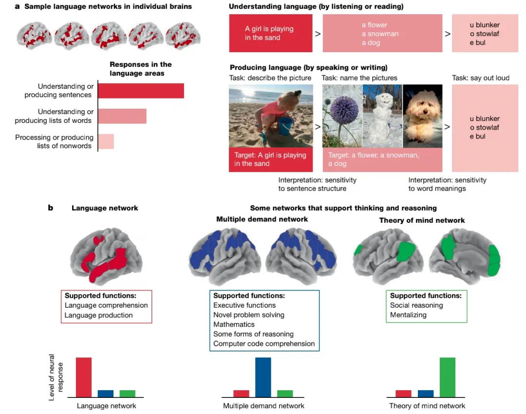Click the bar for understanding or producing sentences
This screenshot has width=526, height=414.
pyautogui.click(x=141, y=91)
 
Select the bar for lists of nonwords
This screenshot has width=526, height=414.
pyautogui.click(x=106, y=141)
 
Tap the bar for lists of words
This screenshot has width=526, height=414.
pyautogui.click(x=122, y=116)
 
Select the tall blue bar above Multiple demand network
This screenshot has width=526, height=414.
pyautogui.click(x=263, y=377)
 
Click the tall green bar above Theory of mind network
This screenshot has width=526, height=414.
pyautogui.click(x=447, y=377)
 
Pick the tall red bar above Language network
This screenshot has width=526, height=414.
pyautogui.click(x=84, y=377)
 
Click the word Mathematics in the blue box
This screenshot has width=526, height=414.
pyautogui.click(x=234, y=324)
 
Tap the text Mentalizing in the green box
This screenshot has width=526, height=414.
pyautogui.click(x=408, y=315)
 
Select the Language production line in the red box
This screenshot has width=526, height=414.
pyautogui.click(x=99, y=315)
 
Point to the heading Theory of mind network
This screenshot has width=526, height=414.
pyautogui.click(x=422, y=220)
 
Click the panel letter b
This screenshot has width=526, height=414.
pyautogui.click(x=50, y=208)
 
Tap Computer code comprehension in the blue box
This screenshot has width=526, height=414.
pyautogui.click(x=264, y=344)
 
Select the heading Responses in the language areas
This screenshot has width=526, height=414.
pyautogui.click(x=140, y=69)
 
